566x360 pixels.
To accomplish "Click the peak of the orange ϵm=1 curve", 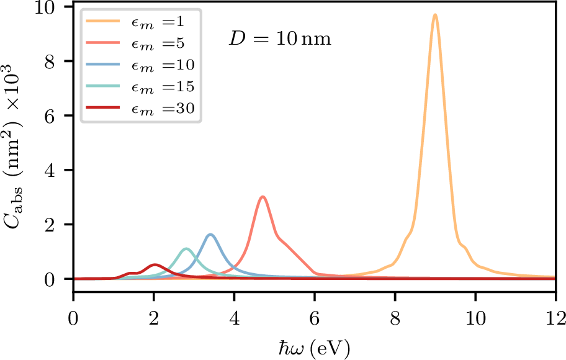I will [435, 15].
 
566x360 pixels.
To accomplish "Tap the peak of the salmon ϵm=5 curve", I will [263, 197].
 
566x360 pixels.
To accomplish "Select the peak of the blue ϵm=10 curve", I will [210, 235].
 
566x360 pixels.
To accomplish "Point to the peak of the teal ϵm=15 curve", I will [186, 249].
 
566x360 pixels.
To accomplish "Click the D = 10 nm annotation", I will [279, 40].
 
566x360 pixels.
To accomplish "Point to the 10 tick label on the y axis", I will [51, 7].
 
